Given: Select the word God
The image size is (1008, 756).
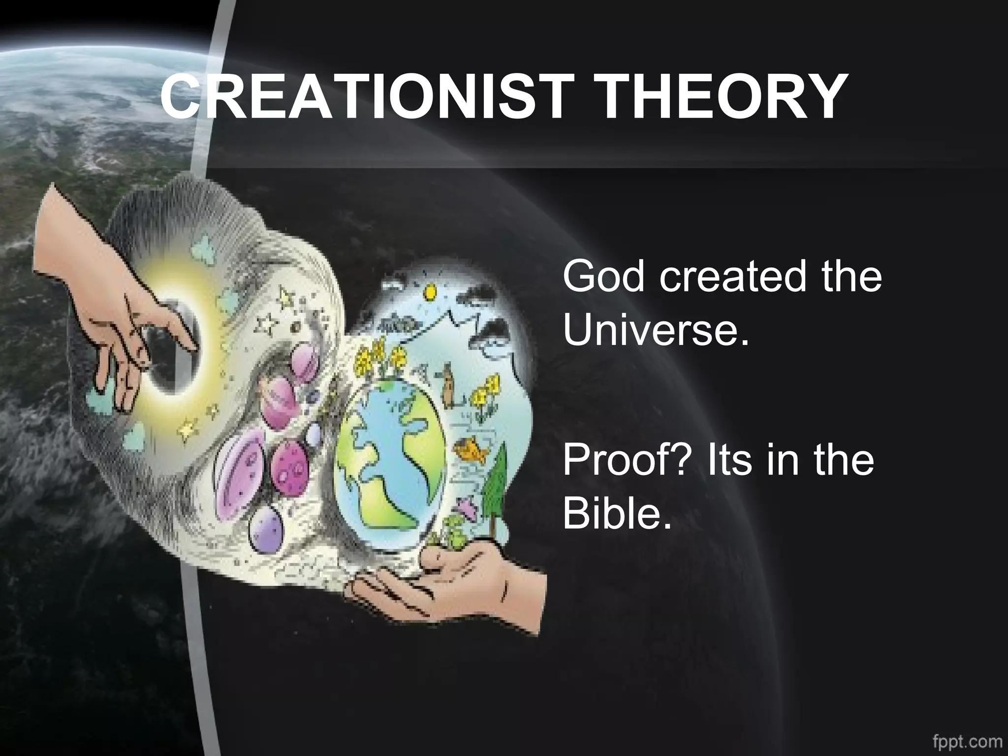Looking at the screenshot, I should pyautogui.click(x=605, y=277).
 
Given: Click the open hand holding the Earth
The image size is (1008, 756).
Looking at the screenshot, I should pyautogui.click(x=458, y=586).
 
